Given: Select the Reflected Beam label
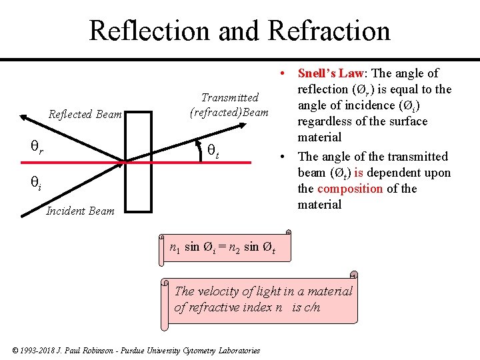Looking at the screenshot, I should (85, 115).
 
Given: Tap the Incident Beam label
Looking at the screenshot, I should (80, 211).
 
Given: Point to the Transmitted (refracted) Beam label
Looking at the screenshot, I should (229, 105).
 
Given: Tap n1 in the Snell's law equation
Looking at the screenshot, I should (175, 247).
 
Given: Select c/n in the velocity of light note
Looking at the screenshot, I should (310, 307).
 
